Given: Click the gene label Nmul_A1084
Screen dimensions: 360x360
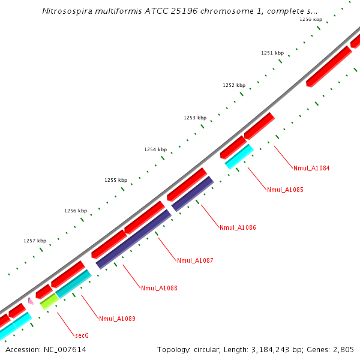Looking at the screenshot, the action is click(x=311, y=168).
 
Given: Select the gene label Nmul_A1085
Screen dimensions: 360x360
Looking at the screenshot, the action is click(x=285, y=190).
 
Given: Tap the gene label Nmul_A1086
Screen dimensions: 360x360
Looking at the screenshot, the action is click(x=238, y=227).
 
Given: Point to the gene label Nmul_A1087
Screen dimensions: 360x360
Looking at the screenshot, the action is click(x=195, y=260).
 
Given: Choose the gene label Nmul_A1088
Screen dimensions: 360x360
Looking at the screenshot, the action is click(x=159, y=288).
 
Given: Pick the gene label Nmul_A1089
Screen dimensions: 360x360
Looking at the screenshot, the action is click(x=117, y=319).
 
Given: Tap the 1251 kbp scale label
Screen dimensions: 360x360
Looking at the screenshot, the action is click(x=272, y=53).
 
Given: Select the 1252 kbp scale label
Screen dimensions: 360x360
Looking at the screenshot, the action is click(x=234, y=85).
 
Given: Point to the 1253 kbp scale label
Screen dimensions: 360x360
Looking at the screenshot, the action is click(x=195, y=118).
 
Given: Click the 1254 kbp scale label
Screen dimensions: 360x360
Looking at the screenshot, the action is click(x=155, y=149).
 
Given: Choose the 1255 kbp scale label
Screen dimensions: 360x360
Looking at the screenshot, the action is click(x=116, y=180).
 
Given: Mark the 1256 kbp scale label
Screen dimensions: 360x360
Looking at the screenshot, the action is click(x=76, y=211).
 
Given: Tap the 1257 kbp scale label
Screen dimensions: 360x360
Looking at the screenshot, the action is click(x=35, y=241).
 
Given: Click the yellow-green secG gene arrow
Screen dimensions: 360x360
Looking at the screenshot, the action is click(x=49, y=301).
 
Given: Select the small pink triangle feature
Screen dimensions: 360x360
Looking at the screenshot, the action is click(x=31, y=301).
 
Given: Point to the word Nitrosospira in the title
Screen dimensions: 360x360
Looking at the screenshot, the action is click(x=67, y=11).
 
